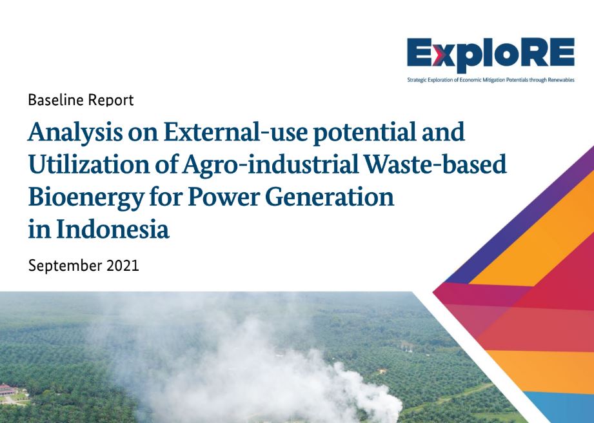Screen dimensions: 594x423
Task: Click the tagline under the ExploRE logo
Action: click(x=491, y=80)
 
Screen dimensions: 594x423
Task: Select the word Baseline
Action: click(x=55, y=100)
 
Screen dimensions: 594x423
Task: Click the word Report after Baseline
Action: click(x=111, y=101)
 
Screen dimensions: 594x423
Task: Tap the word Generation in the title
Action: click(x=330, y=197)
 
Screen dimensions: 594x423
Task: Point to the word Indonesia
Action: click(x=112, y=230)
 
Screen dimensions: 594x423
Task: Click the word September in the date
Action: click(x=65, y=266)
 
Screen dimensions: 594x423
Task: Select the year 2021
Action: click(x=123, y=266)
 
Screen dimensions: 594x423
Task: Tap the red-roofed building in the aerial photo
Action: click(x=8, y=389)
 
